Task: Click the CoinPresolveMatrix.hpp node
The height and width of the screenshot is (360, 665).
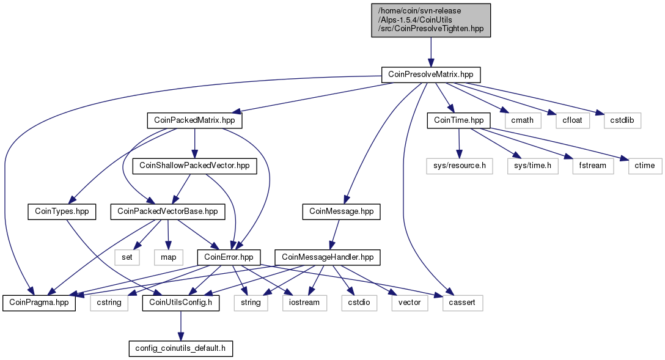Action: point(430,75)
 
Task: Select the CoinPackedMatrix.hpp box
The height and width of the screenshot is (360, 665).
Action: point(194,120)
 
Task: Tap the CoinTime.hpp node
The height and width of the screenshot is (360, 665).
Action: point(458,120)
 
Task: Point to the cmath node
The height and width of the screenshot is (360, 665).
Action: point(522,120)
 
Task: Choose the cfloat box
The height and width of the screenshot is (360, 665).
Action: point(572,120)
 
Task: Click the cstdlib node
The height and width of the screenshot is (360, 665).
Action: point(622,120)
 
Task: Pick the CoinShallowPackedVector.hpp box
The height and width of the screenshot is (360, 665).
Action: point(194,166)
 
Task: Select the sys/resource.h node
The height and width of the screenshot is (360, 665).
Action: point(459,166)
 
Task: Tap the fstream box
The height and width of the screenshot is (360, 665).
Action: point(592,166)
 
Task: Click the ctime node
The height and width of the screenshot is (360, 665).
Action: point(645,166)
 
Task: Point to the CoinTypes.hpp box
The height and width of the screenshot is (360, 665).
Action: point(62,211)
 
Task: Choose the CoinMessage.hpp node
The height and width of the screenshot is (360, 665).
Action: point(342,211)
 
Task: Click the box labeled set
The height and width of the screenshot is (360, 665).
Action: point(127,257)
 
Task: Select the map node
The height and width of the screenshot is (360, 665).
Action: point(168,257)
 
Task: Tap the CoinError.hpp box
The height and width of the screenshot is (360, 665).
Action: point(229,257)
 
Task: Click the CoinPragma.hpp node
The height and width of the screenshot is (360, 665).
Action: point(39,303)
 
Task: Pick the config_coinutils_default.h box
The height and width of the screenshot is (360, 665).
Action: point(181,348)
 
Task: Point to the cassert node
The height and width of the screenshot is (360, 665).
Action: point(462,303)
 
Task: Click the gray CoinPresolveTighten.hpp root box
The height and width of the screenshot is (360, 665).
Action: point(431,20)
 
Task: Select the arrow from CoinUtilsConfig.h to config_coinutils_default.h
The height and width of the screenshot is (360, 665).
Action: point(181,326)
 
